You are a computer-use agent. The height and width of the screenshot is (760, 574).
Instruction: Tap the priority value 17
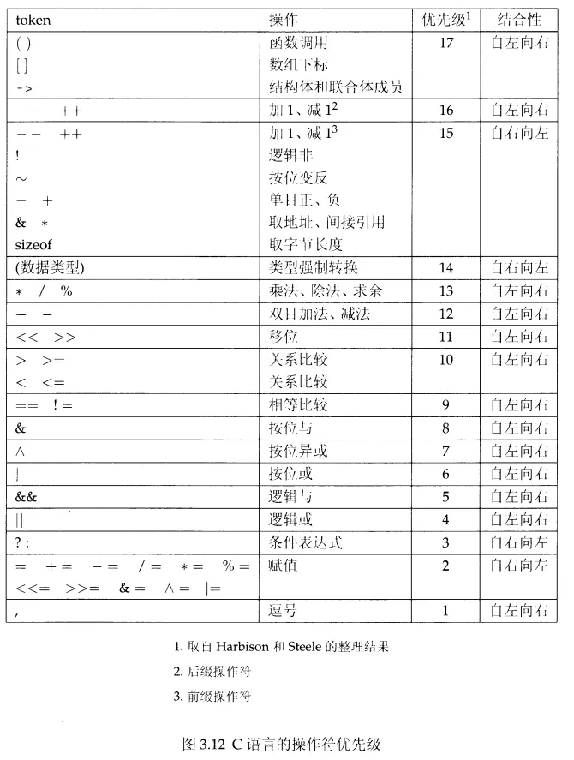pos(445,42)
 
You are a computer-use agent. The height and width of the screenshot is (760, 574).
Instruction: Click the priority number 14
pos(445,268)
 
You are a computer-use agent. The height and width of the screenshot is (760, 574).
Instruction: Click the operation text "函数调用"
pos(299,42)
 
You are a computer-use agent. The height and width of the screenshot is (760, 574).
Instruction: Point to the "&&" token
pos(27,496)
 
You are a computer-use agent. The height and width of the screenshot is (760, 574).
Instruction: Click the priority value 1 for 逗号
pos(445,610)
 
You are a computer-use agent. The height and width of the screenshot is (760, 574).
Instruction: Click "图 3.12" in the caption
pos(206,743)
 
